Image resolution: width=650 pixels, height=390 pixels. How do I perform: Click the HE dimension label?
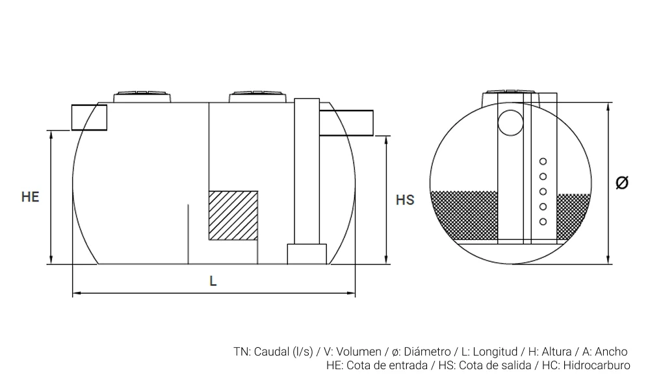tap(31, 196)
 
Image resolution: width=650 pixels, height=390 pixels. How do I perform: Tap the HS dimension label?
tap(405, 200)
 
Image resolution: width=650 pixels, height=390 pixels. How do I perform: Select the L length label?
tap(213, 281)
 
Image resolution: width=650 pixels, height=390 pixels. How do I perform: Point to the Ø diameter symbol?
tap(622, 183)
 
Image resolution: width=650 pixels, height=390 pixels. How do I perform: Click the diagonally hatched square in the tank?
tap(233, 216)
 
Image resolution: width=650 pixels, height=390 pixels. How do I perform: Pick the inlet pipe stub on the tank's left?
tap(89, 117)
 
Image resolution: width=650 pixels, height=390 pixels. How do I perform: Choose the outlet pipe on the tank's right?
tap(346, 123)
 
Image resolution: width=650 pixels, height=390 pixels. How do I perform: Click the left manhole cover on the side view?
tap(142, 96)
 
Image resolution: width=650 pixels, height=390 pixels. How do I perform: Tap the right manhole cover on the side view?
tap(258, 96)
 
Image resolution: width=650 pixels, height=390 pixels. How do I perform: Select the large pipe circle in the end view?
tap(510, 123)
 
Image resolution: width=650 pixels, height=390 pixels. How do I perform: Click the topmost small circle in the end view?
tap(543, 161)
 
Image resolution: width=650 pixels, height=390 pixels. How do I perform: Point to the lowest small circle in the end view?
tap(543, 222)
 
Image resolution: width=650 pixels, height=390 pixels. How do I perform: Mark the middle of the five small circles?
tap(543, 192)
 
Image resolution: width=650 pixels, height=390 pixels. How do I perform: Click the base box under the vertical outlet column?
tap(307, 254)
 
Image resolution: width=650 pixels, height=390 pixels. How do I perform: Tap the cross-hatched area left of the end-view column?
tap(464, 216)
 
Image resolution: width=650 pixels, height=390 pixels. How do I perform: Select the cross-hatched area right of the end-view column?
tap(573, 216)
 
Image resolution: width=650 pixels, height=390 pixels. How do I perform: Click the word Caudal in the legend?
tap(272, 352)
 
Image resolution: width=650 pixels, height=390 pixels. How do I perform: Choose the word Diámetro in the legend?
tap(427, 352)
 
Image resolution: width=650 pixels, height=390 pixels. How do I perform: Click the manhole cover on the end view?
tap(511, 96)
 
